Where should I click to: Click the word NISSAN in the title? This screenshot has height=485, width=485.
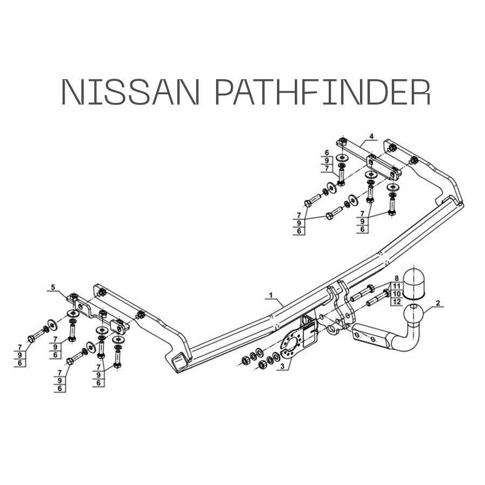click(x=130, y=92)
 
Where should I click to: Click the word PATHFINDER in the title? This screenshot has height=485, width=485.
click(x=323, y=92)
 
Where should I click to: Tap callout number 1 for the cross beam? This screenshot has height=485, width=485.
click(x=271, y=295)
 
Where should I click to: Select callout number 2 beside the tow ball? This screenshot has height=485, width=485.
click(x=438, y=303)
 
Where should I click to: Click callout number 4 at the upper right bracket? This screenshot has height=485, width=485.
click(x=371, y=136)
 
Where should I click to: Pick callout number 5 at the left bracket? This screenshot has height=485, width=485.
click(x=53, y=287)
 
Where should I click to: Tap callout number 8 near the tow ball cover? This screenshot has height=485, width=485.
click(x=397, y=279)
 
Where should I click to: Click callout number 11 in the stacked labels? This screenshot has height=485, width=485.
click(x=397, y=286)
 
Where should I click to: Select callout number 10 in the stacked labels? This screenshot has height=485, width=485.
click(x=397, y=294)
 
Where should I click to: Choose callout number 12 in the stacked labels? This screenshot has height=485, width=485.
click(x=397, y=302)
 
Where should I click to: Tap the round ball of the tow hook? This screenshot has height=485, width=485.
click(x=413, y=314)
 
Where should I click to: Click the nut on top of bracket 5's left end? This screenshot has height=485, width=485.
click(x=73, y=296)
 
